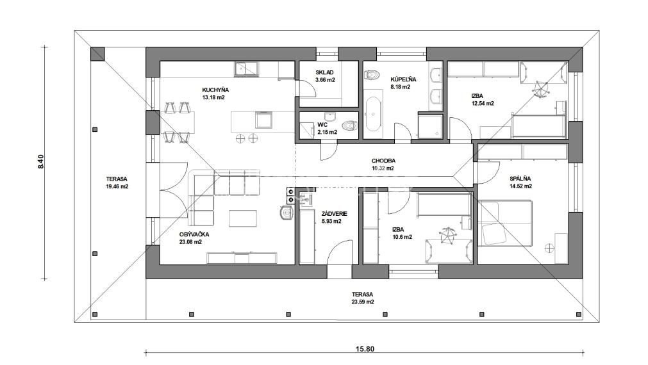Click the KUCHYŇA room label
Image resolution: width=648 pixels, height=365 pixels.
point(215,90)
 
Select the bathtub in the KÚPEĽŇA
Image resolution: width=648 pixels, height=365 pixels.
point(373,113)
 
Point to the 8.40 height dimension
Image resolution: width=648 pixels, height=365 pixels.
point(41,162)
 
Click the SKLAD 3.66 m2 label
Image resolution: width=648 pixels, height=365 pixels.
point(326,76)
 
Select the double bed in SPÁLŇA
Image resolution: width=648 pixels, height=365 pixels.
point(506,222)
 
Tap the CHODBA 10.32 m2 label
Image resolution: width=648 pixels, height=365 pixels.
point(383,165)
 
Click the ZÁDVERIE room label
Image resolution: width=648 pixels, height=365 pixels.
point(326,213)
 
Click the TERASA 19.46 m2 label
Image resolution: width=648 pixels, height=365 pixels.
point(117,182)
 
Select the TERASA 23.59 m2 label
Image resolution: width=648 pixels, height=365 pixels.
point(362,298)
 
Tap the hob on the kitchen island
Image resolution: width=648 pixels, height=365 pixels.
point(263,120)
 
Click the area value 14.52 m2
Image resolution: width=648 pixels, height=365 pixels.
point(521,186)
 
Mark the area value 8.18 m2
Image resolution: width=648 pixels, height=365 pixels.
point(403,86)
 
